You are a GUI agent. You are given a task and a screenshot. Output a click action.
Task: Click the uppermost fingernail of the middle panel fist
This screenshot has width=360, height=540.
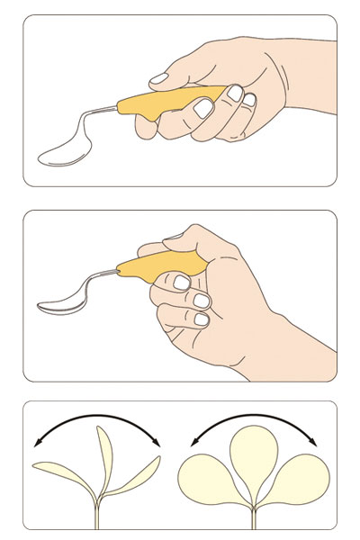184,283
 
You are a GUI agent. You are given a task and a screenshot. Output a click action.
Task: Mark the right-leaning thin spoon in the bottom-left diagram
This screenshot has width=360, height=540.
139,475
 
